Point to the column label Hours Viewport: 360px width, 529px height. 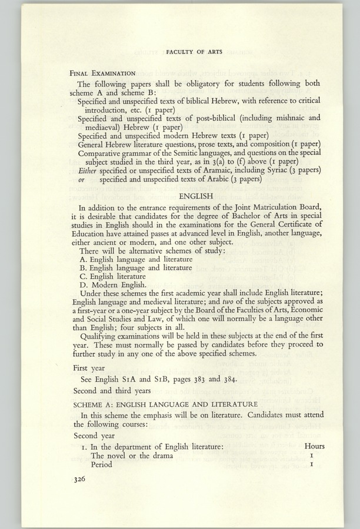click(314, 446)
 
